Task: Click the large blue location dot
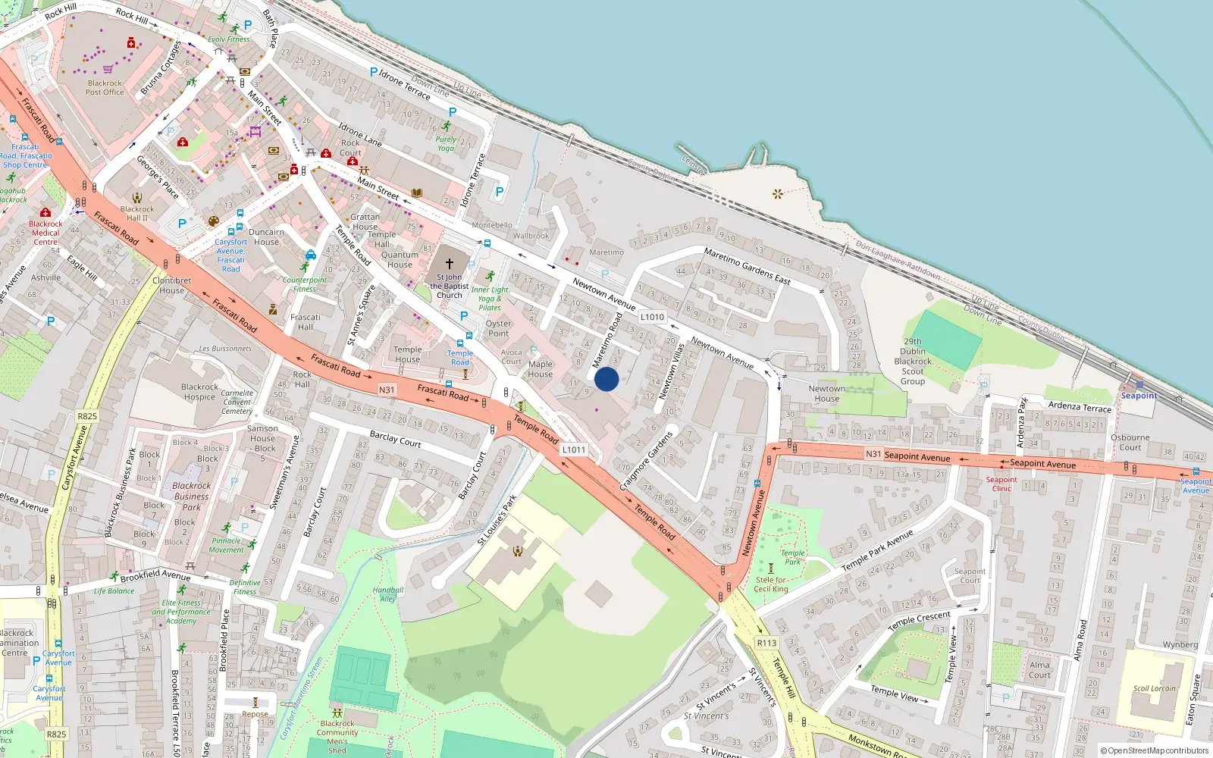[x=606, y=379]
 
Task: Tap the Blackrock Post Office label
[x=105, y=88]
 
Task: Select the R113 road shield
[x=766, y=643]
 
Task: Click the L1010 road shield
[x=652, y=317]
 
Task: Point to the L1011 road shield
[x=574, y=449]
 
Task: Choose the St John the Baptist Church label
[x=450, y=287]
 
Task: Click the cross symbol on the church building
[x=449, y=264]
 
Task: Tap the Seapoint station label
[x=1139, y=396]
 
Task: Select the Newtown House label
[x=826, y=393]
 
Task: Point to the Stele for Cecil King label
[x=771, y=584]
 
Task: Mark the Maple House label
[x=540, y=369]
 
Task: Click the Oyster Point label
[x=498, y=328]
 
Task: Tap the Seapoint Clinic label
[x=1001, y=484]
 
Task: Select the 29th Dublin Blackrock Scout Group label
[x=913, y=362]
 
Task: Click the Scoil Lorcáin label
[x=1154, y=689]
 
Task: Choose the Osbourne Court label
[x=1130, y=443]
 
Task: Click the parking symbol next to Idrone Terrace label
[x=373, y=72]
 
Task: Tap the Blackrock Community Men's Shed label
[x=337, y=737]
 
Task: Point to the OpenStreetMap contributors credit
[x=1155, y=750]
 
